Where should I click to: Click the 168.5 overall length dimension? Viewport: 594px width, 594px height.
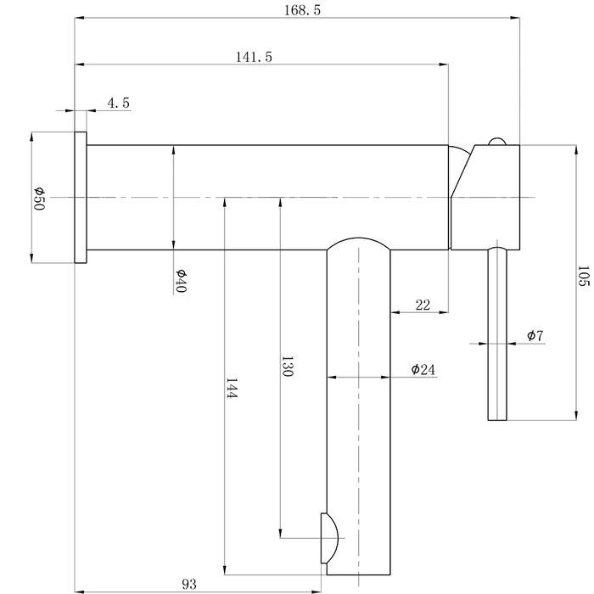pyautogui.click(x=302, y=10)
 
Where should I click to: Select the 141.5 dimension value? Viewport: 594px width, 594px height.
pyautogui.click(x=254, y=57)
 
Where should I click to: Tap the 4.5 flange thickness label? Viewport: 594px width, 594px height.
pyautogui.click(x=119, y=103)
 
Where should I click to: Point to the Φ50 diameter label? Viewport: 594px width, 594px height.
pyautogui.click(x=39, y=199)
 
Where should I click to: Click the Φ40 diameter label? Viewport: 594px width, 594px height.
pyautogui.click(x=181, y=281)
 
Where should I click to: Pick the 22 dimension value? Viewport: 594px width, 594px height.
pyautogui.click(x=423, y=305)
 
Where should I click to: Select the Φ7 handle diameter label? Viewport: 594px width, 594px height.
pyautogui.click(x=535, y=335)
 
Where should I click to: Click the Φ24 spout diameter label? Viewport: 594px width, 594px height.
pyautogui.click(x=423, y=369)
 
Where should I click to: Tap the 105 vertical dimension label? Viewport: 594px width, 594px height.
pyautogui.click(x=583, y=276)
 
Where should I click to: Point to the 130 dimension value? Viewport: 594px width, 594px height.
pyautogui.click(x=287, y=366)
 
